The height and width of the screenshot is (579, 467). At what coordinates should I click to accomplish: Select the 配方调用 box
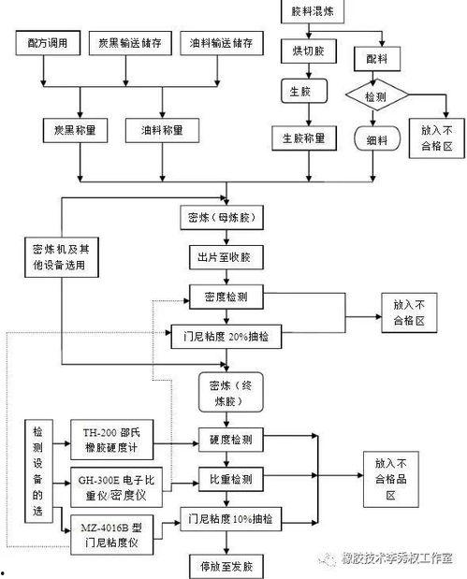[47, 43]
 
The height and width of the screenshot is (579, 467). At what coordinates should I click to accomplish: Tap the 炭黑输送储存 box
[128, 43]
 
